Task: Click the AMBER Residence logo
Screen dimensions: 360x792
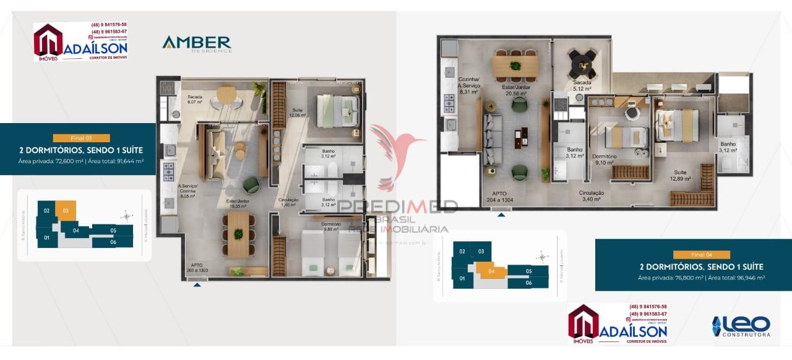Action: pyautogui.click(x=196, y=44)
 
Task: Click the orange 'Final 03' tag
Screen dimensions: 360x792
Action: pyautogui.click(x=81, y=139)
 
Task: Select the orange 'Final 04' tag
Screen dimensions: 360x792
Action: pyautogui.click(x=702, y=255)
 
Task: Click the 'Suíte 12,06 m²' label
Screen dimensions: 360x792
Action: pyautogui.click(x=298, y=113)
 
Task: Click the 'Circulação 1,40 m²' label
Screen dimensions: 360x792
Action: pyautogui.click(x=289, y=202)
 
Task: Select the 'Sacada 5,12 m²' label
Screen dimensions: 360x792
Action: pyautogui.click(x=582, y=85)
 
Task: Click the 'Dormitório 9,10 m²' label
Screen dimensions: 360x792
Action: pyautogui.click(x=603, y=160)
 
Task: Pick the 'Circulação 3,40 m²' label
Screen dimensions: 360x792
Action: pyautogui.click(x=592, y=196)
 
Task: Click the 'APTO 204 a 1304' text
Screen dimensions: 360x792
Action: pyautogui.click(x=499, y=197)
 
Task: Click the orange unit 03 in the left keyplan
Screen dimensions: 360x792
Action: pyautogui.click(x=66, y=210)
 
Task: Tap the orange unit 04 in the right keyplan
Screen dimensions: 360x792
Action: pyautogui.click(x=490, y=270)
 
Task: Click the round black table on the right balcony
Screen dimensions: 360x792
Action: pyautogui.click(x=582, y=61)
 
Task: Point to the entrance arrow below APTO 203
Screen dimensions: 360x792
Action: pyautogui.click(x=197, y=285)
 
